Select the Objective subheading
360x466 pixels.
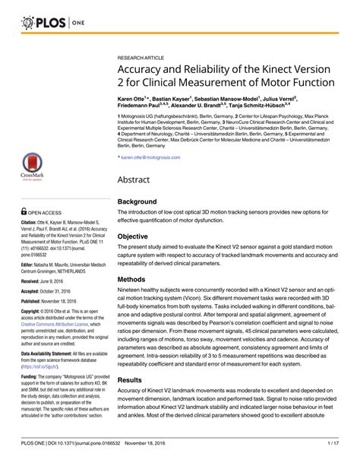click(135, 236)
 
